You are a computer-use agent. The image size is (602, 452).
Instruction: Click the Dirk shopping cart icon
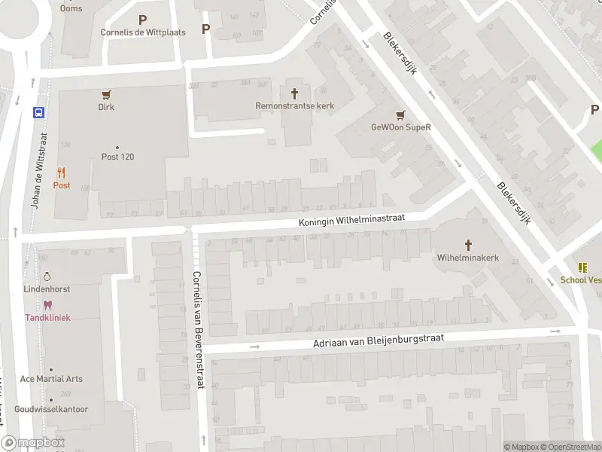[x=106, y=95]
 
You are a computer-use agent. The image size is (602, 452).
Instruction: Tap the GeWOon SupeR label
[x=401, y=127]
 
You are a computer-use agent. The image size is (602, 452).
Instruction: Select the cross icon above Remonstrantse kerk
[x=294, y=93]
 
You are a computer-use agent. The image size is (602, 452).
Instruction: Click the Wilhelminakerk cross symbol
[x=468, y=245]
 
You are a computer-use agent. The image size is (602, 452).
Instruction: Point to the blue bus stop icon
[x=38, y=112]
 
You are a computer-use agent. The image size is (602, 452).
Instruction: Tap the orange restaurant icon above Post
[x=62, y=173]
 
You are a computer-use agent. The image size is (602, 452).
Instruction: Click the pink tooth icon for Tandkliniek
[x=48, y=305]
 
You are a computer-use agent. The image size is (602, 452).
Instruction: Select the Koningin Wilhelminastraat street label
[x=351, y=219]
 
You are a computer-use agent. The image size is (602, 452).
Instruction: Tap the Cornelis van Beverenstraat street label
[x=198, y=329]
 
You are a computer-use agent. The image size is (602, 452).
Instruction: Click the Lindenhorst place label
[x=47, y=290]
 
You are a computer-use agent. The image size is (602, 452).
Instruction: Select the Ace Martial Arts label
[x=51, y=379]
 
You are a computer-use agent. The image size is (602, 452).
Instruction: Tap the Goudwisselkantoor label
[x=51, y=410]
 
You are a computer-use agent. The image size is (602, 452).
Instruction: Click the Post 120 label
[x=117, y=157]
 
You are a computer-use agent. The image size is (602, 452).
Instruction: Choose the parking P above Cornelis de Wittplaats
[x=143, y=20]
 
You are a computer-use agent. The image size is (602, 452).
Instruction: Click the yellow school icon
[x=582, y=267]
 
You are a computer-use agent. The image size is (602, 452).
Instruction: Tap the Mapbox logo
[x=33, y=443]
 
